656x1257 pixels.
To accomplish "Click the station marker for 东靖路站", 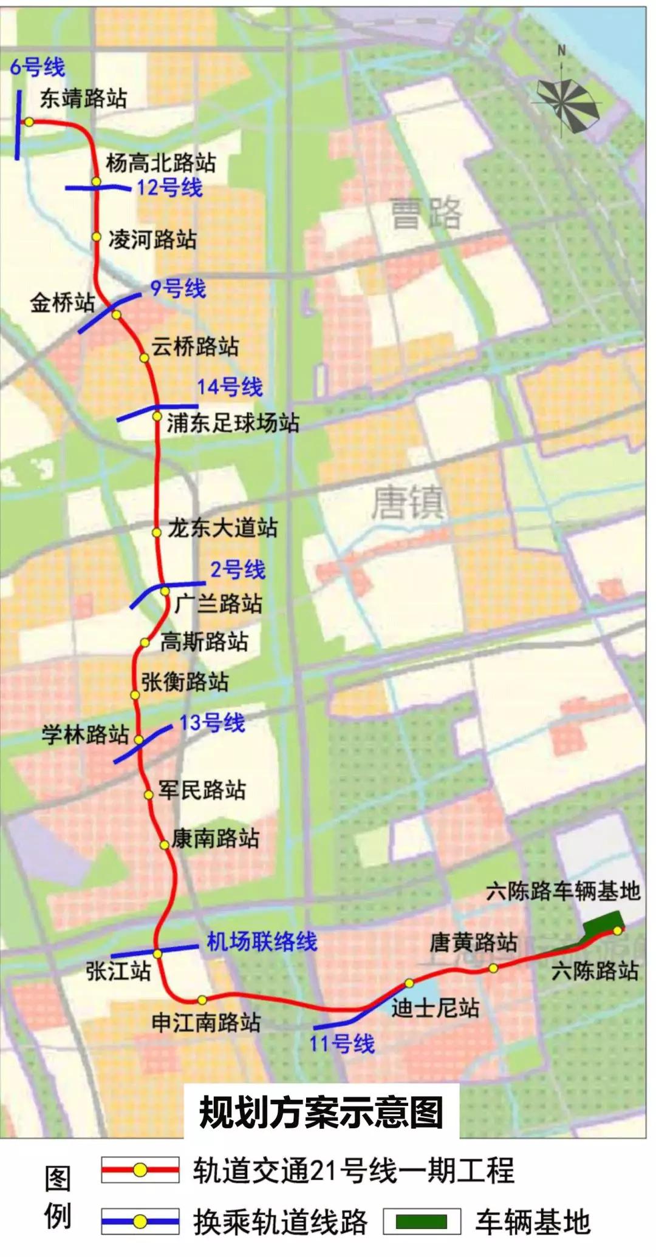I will click(x=29, y=122).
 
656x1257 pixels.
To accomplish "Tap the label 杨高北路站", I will click(x=160, y=163).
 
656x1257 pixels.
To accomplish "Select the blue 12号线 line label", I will click(x=169, y=188).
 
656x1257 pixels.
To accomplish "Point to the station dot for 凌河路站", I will click(x=96, y=237).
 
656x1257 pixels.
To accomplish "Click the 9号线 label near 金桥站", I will click(x=178, y=288).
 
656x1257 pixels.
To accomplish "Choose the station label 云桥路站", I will click(x=195, y=347).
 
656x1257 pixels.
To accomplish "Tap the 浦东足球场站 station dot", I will click(x=157, y=416).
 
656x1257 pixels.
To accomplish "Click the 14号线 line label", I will click(x=230, y=387).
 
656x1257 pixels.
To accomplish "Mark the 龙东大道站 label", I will click(x=222, y=528).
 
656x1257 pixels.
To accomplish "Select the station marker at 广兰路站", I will click(x=165, y=591).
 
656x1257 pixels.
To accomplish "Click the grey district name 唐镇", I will click(x=408, y=503).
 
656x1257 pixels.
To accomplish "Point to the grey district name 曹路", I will click(x=426, y=213).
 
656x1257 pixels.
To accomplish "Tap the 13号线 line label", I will click(x=212, y=723).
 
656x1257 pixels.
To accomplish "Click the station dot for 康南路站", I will click(x=164, y=845).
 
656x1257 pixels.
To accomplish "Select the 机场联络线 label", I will click(x=262, y=941).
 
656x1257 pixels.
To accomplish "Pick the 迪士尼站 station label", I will click(x=435, y=1008).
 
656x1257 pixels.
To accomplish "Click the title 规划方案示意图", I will click(x=321, y=1112).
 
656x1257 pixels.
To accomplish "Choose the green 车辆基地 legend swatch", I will click(x=421, y=1222).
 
